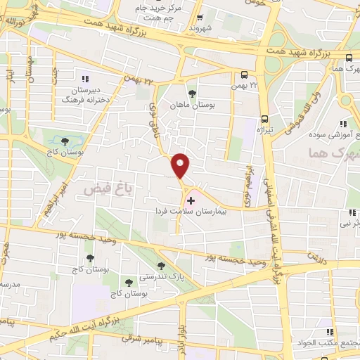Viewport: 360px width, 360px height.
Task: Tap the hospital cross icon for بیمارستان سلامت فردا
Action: tap(191, 200)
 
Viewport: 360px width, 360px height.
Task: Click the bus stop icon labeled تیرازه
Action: tap(264, 119)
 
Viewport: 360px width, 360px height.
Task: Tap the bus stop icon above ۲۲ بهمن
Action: tap(244, 75)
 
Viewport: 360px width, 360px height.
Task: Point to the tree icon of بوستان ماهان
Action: tap(192, 93)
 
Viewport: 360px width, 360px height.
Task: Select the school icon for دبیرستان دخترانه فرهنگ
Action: tap(85, 79)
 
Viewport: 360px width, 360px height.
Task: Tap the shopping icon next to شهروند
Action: tap(200, 18)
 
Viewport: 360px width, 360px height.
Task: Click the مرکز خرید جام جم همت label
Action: tap(164, 14)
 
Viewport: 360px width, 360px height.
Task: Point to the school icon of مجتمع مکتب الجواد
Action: tap(328, 332)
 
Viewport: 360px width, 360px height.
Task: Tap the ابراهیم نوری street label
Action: tap(247, 184)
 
